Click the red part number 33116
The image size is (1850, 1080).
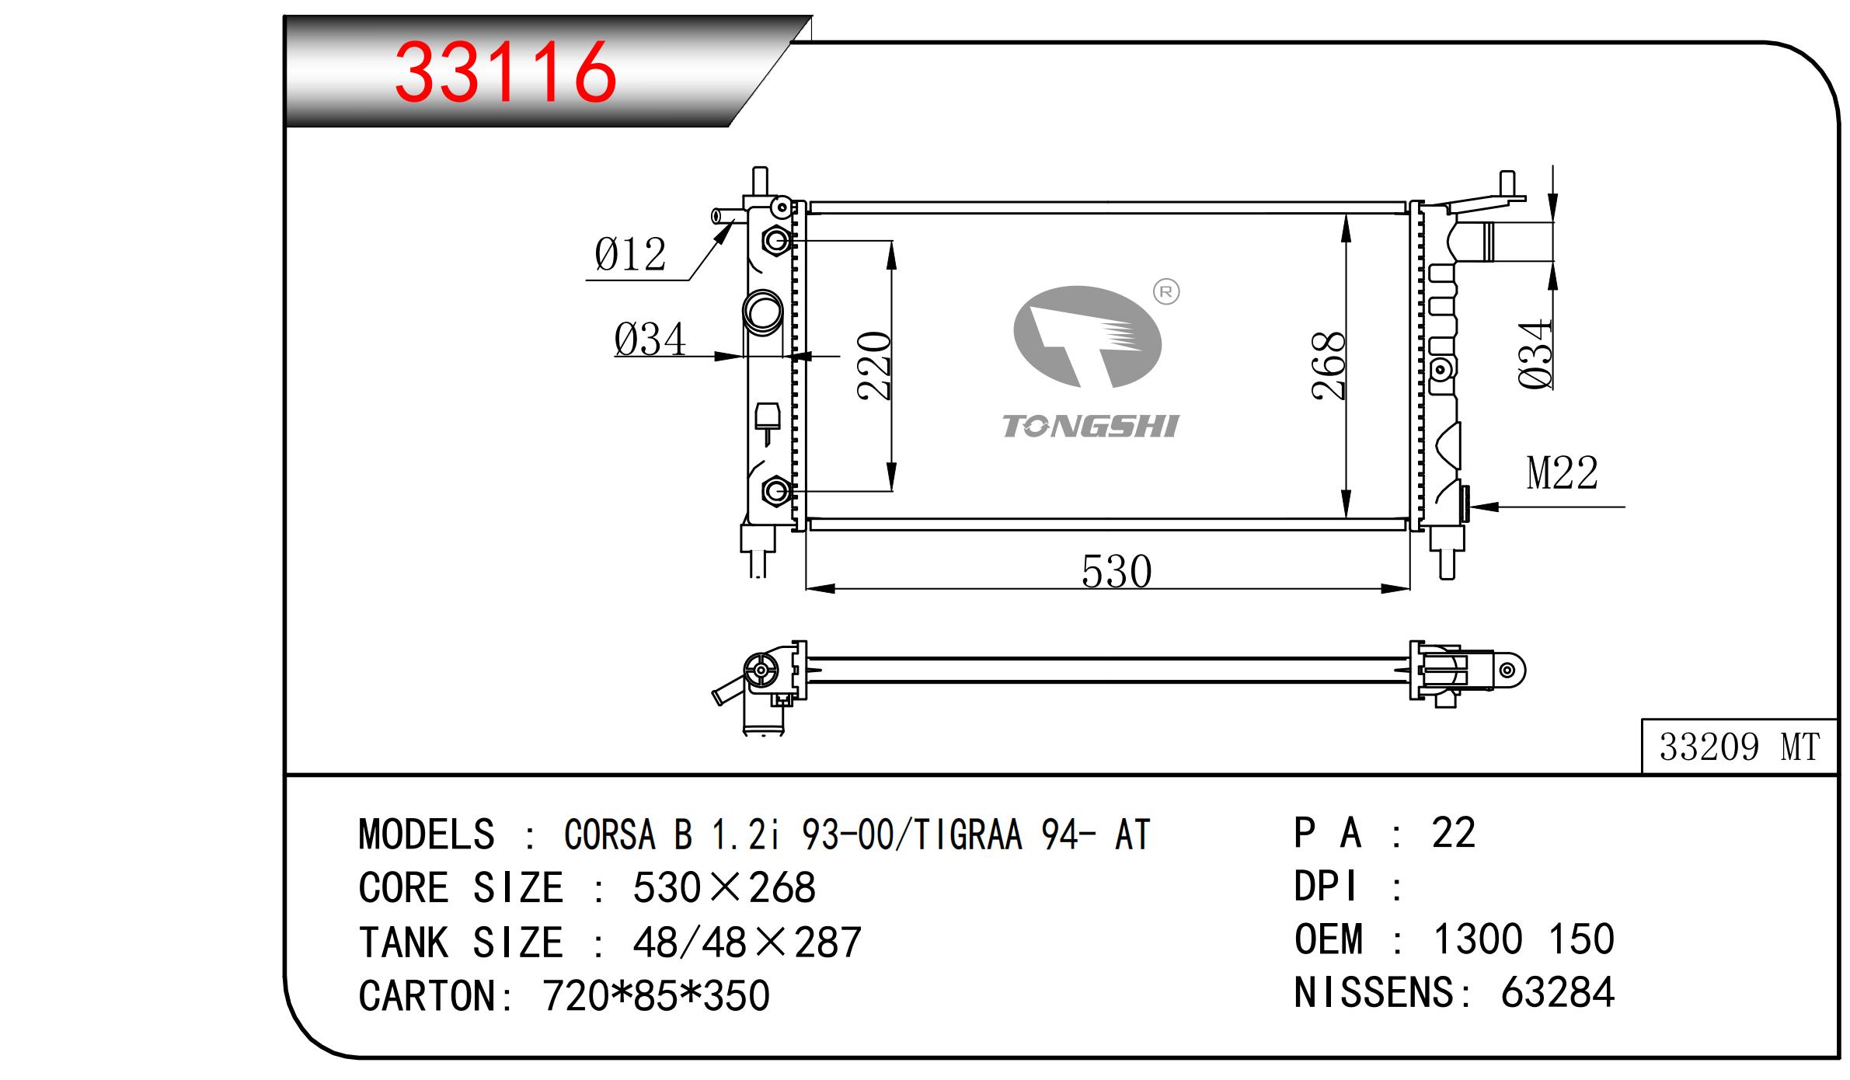point(506,73)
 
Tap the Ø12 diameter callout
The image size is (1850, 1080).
point(631,255)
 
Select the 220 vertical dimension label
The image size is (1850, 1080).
point(874,366)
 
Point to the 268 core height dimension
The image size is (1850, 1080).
point(1329,366)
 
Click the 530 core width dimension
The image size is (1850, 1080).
point(1117,572)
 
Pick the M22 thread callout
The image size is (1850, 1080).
point(1563,472)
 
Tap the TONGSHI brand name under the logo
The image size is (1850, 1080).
point(1090,426)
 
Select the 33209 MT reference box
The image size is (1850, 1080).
point(1740,747)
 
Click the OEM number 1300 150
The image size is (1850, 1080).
point(1524,939)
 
